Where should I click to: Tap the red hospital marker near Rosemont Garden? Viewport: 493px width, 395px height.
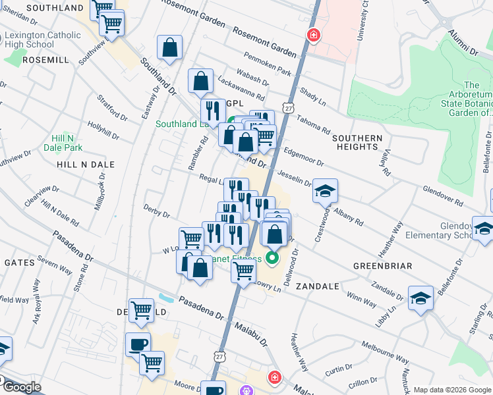coord(313,35)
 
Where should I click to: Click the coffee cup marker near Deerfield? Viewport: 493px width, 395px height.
coord(138,344)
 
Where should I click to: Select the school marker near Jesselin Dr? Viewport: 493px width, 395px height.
coord(325,191)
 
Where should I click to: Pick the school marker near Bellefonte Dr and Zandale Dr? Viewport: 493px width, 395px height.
coord(420,298)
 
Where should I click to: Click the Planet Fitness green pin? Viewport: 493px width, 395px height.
coord(271,257)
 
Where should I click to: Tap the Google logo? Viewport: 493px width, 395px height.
coord(22,387)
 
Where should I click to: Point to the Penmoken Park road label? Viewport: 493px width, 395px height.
coord(266,63)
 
